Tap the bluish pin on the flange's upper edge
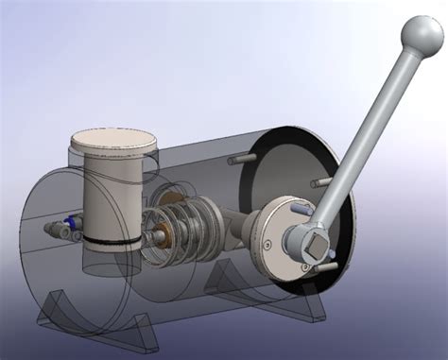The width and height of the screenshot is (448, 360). pyautogui.click(x=299, y=206)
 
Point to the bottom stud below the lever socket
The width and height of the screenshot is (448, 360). pyautogui.click(x=326, y=268)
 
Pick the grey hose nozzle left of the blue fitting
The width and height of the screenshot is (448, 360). pyautogui.click(x=49, y=230)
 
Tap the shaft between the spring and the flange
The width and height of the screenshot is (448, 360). pyautogui.click(x=241, y=228)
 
